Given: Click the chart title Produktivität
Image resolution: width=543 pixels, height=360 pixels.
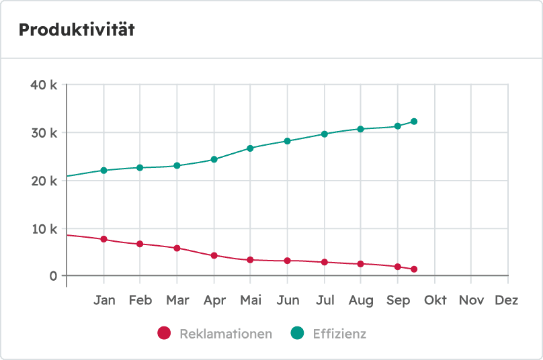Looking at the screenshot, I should (x=77, y=30).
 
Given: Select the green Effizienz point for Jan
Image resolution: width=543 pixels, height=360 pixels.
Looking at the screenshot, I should (x=103, y=171).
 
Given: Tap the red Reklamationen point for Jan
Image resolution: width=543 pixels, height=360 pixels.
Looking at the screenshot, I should (x=103, y=239).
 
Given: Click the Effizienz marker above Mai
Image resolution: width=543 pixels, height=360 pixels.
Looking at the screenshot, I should (x=250, y=148).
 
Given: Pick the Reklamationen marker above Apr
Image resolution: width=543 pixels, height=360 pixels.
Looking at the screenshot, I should (x=214, y=256).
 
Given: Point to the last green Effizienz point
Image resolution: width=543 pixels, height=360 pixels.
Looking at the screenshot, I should (x=414, y=122).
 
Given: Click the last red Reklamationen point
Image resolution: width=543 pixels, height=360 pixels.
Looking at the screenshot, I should (x=414, y=269).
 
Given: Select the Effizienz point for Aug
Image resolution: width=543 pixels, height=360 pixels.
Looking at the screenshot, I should (x=360, y=129).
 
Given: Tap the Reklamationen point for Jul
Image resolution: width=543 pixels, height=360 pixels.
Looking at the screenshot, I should (x=324, y=262).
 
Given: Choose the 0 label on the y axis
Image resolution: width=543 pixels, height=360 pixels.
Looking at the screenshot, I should (x=53, y=276).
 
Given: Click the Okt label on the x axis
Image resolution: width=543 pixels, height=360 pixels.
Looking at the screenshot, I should (x=435, y=300).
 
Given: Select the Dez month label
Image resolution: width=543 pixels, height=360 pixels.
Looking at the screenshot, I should (x=506, y=300).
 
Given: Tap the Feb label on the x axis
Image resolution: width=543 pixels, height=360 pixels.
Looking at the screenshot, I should (x=140, y=300).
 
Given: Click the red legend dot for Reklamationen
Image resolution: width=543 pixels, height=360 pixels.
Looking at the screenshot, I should (x=164, y=333).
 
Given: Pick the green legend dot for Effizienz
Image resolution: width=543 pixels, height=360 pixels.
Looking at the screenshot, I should (x=297, y=333).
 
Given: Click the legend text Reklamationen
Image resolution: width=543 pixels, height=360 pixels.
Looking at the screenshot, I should (x=226, y=334).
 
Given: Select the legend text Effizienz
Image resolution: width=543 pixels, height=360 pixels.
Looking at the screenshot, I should (x=339, y=334).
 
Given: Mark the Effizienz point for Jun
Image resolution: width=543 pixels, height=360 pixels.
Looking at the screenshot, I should (x=287, y=141).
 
